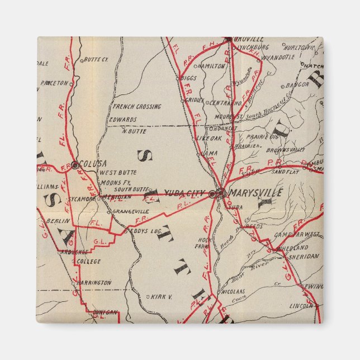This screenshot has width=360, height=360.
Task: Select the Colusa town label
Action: pos(93,163)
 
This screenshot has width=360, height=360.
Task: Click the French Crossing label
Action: pos(136,106)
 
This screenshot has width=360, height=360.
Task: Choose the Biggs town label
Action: pos(189,78)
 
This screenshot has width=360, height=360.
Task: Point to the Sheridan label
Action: pos(304,255)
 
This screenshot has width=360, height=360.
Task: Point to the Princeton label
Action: pos(54,83)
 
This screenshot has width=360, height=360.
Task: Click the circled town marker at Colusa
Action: pos(75,164)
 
